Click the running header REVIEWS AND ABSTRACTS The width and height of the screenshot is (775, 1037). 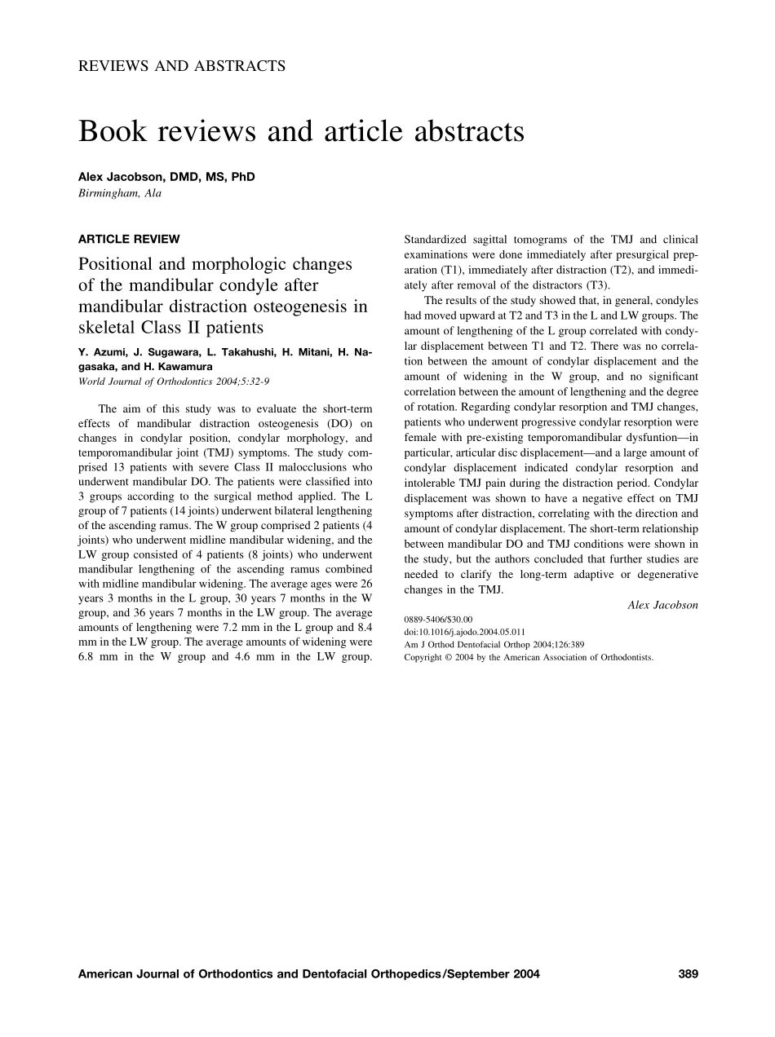point(182,66)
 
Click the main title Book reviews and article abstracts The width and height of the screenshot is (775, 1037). point(301,131)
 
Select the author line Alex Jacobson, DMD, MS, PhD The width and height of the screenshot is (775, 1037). point(166,177)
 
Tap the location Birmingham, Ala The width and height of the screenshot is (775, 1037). point(120,193)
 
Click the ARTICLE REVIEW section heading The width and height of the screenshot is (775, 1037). point(129,239)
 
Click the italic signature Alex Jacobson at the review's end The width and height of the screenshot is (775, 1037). point(662,604)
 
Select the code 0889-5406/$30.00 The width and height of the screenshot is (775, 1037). point(438,620)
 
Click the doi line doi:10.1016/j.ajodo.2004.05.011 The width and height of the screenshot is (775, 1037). point(464,632)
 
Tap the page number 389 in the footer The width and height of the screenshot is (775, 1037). point(688,973)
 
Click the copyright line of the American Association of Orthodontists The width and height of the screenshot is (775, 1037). point(529,656)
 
